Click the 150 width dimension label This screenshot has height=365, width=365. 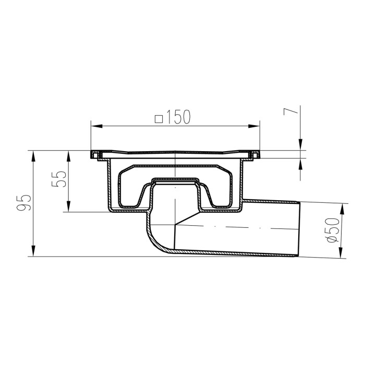(x=178, y=117)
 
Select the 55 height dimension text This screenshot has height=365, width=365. (x=59, y=179)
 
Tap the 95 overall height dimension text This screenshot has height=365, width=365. (x=24, y=202)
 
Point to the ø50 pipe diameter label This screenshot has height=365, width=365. (x=333, y=230)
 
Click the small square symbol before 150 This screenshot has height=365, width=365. (x=159, y=119)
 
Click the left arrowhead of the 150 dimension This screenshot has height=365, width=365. (x=97, y=126)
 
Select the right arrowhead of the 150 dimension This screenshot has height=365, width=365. (x=254, y=126)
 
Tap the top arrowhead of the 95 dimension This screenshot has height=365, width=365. (x=33, y=156)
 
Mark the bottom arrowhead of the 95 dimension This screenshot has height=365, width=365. (x=33, y=251)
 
